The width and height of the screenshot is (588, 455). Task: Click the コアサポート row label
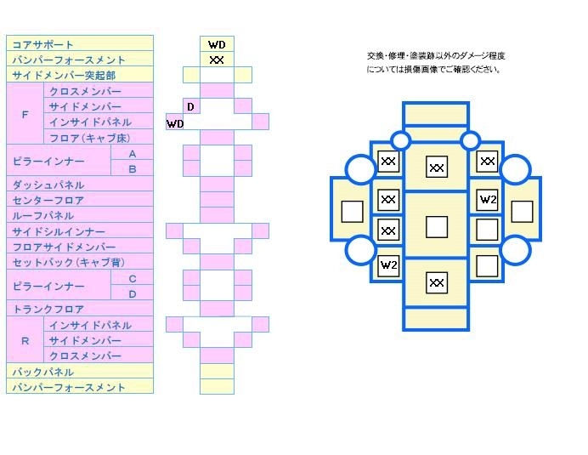[42, 45]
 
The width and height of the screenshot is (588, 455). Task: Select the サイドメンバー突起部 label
[64, 76]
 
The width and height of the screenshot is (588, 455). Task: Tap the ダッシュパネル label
[48, 185]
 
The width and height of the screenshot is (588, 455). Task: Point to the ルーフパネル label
[43, 216]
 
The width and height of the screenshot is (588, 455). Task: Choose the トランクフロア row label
[48, 310]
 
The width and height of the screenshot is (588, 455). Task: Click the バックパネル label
[43, 372]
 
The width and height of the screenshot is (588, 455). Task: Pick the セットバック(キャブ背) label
[69, 263]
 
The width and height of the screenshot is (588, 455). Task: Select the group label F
[25, 114]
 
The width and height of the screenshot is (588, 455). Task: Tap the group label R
[25, 341]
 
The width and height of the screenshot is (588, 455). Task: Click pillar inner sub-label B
[133, 169]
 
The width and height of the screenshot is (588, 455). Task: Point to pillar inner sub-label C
[133, 279]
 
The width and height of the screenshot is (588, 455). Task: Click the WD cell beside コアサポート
[218, 45]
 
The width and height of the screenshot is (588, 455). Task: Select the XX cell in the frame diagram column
[217, 60]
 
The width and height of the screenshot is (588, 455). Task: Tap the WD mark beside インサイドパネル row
[175, 123]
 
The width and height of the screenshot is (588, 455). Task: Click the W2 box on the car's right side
[488, 199]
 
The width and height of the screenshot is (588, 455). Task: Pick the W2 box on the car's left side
[388, 265]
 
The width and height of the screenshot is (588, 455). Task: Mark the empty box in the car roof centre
[437, 226]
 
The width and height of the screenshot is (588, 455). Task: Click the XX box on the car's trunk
[437, 282]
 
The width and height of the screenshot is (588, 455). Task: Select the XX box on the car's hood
[437, 167]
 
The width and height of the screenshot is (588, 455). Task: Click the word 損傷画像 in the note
[421, 70]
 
